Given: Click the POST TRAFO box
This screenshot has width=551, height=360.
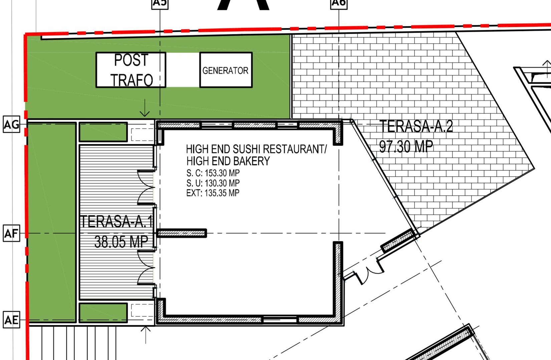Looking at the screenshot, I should click(x=131, y=70).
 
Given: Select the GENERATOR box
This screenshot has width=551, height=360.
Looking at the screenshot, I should click(x=226, y=70).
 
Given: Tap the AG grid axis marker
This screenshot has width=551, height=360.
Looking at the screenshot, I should click(x=11, y=125).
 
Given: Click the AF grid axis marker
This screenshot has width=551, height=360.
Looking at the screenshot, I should click(x=11, y=233).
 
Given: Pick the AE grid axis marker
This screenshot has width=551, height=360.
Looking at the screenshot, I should click(x=11, y=320).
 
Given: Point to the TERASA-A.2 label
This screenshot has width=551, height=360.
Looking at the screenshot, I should click(x=416, y=127).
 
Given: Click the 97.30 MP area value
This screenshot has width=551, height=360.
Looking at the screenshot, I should click(x=406, y=147).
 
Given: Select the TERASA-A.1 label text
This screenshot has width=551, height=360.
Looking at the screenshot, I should click(x=116, y=222).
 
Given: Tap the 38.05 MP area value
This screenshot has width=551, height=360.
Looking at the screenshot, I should click(x=121, y=242).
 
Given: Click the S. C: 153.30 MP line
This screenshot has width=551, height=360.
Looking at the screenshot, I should click(x=213, y=173).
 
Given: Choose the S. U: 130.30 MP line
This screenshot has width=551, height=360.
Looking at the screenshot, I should click(x=213, y=183).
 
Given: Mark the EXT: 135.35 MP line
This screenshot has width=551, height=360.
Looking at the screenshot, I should click(x=213, y=193).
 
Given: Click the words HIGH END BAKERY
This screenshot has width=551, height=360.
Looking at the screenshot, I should click(x=228, y=161).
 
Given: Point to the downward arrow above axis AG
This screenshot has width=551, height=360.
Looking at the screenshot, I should click(x=145, y=108).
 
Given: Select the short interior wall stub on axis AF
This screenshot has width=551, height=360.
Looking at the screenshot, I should click(x=182, y=233).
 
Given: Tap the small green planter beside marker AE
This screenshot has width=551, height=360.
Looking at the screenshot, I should click(x=103, y=313).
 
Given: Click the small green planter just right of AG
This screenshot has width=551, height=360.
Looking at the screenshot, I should click(x=103, y=132).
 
